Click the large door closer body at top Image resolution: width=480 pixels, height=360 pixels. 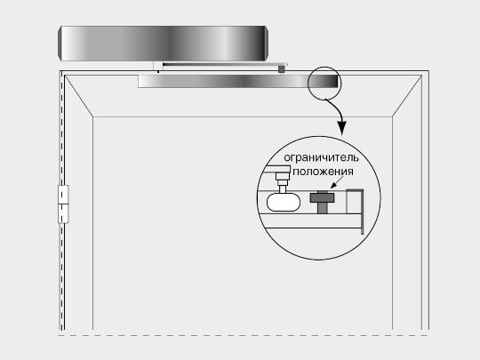tap(164, 44)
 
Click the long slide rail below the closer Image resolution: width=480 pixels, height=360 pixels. tap(238, 81)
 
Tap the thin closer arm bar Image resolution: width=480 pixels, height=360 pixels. tap(224, 64)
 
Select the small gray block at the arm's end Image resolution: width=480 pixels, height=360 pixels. tap(281, 69)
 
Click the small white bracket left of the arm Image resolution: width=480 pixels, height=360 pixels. tap(157, 66)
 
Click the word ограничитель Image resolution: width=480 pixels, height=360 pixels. tap(321, 158)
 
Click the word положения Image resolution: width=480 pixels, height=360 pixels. tap(323, 172)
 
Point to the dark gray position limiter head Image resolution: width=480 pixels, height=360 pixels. tap(322, 197)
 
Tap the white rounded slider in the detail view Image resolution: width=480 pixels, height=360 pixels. tap(284, 203)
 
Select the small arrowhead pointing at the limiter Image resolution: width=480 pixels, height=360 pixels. tap(333, 185)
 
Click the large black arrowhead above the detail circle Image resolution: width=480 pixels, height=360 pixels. tap(342, 128)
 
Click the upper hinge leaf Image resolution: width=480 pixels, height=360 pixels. tap(63, 195)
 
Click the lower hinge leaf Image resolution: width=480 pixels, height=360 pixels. tap(63, 213)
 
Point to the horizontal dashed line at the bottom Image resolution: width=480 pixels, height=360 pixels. tap(243, 335)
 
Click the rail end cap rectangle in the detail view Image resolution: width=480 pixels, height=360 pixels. tap(355, 202)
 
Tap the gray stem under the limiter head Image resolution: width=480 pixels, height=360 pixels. tap(322, 208)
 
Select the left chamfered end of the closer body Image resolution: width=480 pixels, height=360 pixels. tap(60, 44)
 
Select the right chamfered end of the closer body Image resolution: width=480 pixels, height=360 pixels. tap(267, 44)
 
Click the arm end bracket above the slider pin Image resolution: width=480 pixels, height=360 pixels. tap(277, 169)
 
